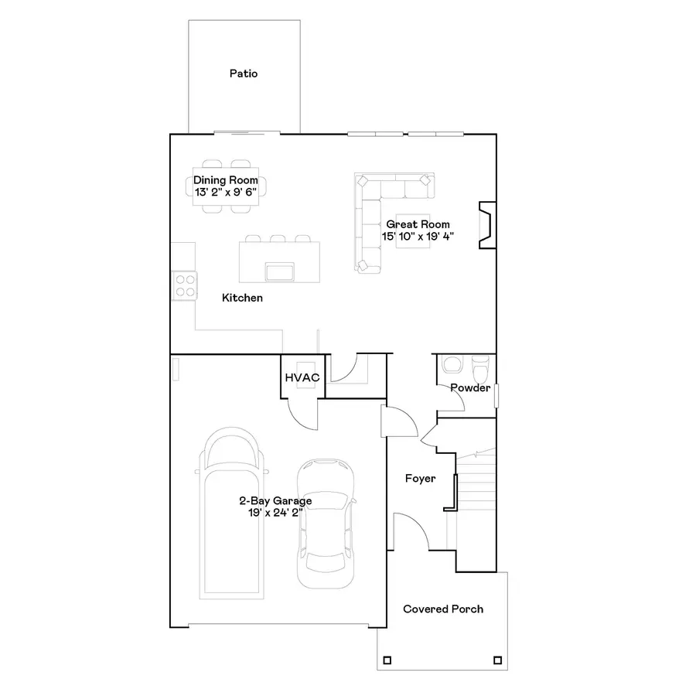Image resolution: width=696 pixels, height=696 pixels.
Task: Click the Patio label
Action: pyautogui.click(x=243, y=74)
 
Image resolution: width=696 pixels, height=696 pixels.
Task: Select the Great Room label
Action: pyautogui.click(x=418, y=224)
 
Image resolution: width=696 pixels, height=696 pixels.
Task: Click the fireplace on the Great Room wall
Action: pyautogui.click(x=487, y=225)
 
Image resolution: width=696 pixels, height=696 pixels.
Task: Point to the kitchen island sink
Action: pyautogui.click(x=279, y=271)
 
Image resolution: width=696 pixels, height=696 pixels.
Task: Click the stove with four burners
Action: pyautogui.click(x=184, y=285)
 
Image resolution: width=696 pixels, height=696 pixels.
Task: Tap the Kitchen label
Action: pyautogui.click(x=242, y=298)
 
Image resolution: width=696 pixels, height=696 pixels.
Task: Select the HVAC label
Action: pyautogui.click(x=302, y=377)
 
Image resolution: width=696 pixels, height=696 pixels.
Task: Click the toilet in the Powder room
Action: pyautogui.click(x=480, y=364)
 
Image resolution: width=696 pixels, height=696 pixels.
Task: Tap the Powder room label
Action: pyautogui.click(x=470, y=387)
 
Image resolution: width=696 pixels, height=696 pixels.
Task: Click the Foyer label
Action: pyautogui.click(x=420, y=479)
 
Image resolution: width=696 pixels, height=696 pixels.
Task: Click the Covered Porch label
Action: pyautogui.click(x=443, y=609)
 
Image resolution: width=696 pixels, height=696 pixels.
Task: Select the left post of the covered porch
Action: pyautogui.click(x=387, y=661)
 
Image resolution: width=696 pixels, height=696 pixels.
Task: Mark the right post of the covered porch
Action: pyautogui.click(x=496, y=661)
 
